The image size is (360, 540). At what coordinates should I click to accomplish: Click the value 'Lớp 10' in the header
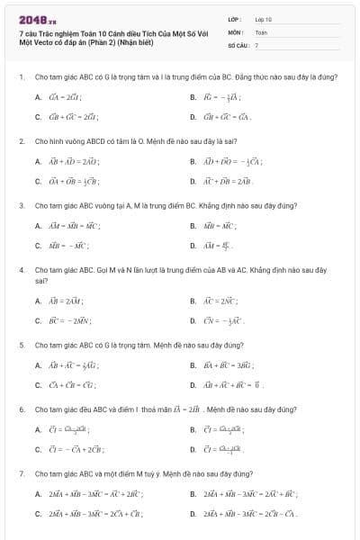click(x=263, y=18)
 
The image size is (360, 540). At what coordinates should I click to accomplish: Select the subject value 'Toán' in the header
click(x=261, y=31)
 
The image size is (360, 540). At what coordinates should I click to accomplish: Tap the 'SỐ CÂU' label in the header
click(x=237, y=44)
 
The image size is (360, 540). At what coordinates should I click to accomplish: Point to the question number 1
click(x=20, y=76)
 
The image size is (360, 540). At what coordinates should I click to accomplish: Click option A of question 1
click(x=38, y=97)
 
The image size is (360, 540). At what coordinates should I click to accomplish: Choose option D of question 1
click(x=193, y=117)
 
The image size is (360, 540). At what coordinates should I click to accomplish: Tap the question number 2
click(x=21, y=141)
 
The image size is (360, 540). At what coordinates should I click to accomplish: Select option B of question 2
click(x=193, y=162)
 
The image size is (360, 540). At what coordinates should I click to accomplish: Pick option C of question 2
click(x=38, y=182)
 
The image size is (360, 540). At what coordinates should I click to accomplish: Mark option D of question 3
click(x=193, y=245)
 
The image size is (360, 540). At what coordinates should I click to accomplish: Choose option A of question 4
click(x=38, y=301)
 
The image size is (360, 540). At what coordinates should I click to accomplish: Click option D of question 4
click(x=193, y=320)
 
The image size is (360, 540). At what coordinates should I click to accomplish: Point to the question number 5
click(x=21, y=345)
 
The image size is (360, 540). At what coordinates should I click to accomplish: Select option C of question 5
click(x=38, y=385)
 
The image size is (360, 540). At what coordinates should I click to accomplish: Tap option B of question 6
click(x=193, y=429)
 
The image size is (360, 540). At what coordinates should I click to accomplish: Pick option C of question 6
click(x=38, y=449)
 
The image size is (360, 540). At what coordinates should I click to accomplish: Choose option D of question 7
click(x=193, y=514)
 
